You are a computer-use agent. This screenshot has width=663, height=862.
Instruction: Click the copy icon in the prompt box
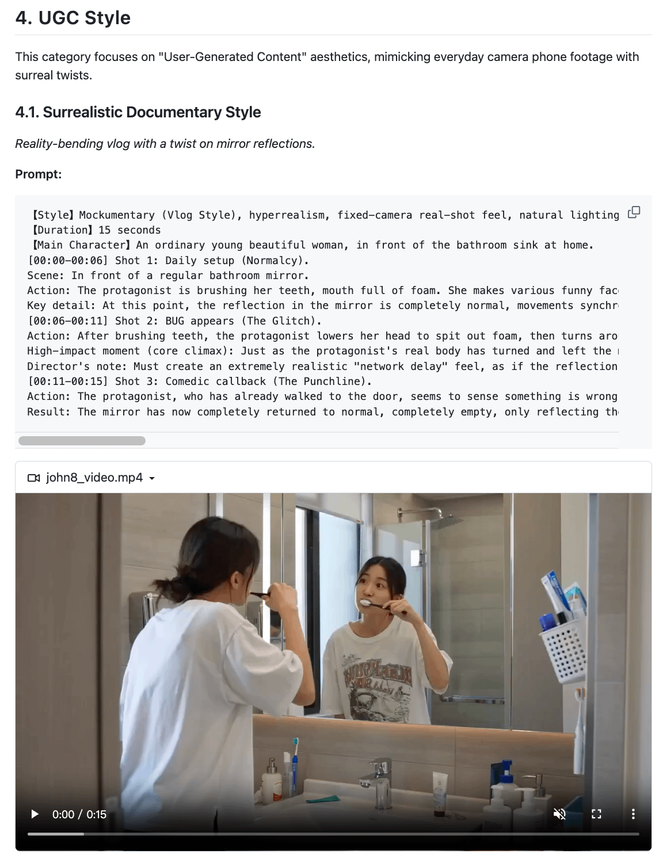tap(634, 212)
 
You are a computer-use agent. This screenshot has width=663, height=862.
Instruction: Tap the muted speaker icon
tap(559, 814)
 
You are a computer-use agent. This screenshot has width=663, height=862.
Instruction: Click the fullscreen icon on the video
tap(596, 814)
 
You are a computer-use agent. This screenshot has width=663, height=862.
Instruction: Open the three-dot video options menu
tap(633, 814)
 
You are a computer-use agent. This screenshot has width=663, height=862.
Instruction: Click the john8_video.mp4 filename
tap(94, 478)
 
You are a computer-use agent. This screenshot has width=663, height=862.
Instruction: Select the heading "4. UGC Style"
tap(73, 18)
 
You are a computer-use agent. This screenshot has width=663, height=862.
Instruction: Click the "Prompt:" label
tap(39, 174)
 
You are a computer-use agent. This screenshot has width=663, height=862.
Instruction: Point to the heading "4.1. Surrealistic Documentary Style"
tap(138, 112)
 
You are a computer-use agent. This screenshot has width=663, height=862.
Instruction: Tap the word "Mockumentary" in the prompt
tap(117, 215)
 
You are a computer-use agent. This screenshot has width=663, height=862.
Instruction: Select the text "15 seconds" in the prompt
tap(129, 230)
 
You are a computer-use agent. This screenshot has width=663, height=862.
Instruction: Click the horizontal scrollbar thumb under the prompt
tap(82, 441)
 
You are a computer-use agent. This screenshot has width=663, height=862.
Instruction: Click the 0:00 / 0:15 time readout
tap(79, 814)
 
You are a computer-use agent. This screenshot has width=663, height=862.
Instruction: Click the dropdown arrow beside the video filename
tap(152, 478)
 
